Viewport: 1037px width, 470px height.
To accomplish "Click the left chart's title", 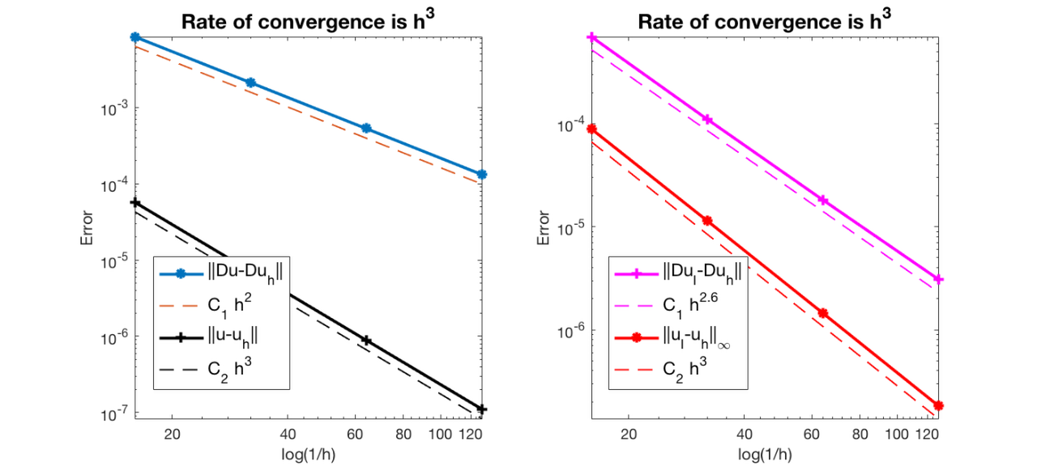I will (308, 21).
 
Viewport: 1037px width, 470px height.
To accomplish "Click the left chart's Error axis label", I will (87, 229).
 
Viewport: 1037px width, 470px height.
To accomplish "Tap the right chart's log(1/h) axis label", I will (766, 452).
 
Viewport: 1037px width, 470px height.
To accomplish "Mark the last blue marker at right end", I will (482, 175).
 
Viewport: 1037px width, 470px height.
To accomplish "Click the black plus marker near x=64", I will (366, 341).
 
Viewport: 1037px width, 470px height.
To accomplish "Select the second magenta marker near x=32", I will (707, 120).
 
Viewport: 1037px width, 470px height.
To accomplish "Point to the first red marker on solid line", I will (592, 129).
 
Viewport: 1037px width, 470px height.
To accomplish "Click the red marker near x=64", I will (823, 313).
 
